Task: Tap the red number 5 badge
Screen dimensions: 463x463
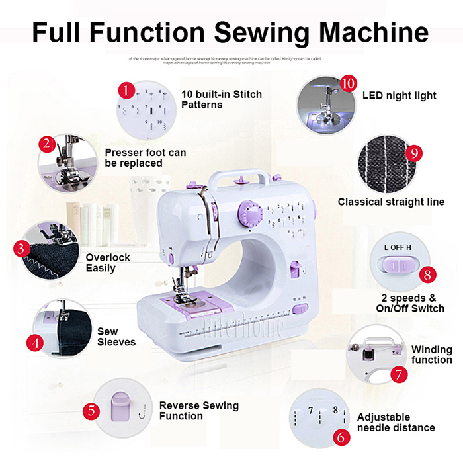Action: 92,410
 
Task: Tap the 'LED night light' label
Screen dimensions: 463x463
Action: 399,95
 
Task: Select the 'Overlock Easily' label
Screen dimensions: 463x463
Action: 108,263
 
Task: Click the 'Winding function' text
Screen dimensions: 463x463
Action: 431,355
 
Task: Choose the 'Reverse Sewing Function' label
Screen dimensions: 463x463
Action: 198,411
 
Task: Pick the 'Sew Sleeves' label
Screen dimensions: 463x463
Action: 116,337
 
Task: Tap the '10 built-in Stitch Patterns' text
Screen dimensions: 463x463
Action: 221,99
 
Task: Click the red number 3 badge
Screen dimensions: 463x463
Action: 22,249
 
